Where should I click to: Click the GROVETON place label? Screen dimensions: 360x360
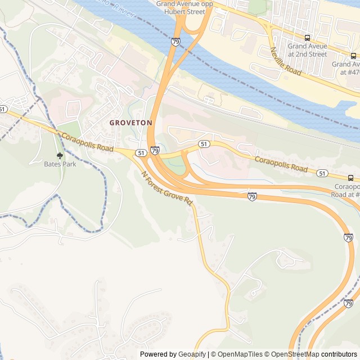[130, 122]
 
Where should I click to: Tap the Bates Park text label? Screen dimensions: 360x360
[60, 164]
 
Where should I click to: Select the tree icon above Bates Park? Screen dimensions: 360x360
[60, 155]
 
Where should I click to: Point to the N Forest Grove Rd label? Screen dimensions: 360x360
[168, 188]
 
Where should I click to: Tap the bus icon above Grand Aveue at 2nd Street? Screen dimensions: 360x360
[307, 38]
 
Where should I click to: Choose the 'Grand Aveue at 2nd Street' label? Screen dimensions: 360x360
[307, 50]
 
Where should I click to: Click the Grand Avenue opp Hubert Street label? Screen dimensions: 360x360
[184, 7]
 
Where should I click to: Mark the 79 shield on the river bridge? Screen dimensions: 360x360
[176, 42]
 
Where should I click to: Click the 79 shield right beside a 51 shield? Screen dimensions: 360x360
[155, 150]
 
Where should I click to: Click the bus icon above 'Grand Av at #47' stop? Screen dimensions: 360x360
[353, 56]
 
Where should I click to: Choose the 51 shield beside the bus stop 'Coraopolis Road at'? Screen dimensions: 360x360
[322, 173]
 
